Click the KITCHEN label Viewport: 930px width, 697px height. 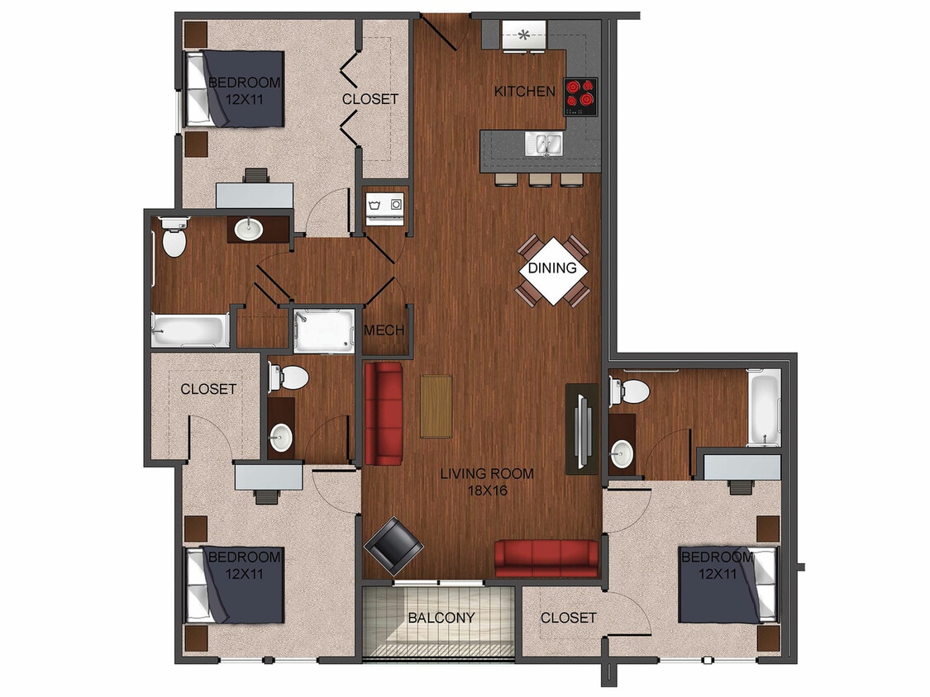coord(524,91)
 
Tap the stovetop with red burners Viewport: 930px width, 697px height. coord(580,96)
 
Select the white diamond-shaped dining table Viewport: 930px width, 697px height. coord(552,268)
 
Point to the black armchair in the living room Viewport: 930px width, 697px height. coord(393,546)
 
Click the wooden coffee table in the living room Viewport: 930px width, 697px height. coord(436,406)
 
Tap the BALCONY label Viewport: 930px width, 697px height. coord(441,618)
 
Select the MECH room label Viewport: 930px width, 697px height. coord(384,330)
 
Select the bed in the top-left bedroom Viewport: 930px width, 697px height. coord(236,90)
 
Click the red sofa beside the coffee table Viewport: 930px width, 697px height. coord(383,413)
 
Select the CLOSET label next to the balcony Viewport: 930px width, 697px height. coord(568,618)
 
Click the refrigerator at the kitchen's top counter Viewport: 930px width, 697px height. coord(524,36)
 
